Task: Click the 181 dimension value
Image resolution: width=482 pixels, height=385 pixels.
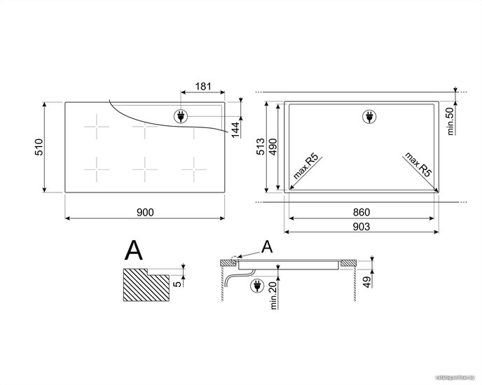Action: (203, 86)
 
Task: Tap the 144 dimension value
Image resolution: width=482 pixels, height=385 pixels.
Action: (235, 129)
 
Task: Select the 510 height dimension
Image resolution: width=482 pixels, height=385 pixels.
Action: (39, 147)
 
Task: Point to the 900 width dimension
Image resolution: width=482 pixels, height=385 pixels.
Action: (145, 212)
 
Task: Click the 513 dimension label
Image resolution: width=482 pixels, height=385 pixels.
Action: (261, 146)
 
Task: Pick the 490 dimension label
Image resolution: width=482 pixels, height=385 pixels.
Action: (273, 146)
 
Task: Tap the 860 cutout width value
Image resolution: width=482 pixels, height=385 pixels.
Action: (361, 212)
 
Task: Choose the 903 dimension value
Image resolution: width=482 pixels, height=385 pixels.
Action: (361, 227)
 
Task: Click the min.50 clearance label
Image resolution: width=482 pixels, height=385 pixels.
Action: (450, 121)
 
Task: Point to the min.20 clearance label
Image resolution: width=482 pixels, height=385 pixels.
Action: (274, 295)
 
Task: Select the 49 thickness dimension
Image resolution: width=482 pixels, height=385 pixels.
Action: (367, 282)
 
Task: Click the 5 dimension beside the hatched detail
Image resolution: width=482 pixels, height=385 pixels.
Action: (178, 283)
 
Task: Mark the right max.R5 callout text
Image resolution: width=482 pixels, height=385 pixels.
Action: (418, 164)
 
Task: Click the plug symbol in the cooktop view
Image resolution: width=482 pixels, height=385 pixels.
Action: (181, 116)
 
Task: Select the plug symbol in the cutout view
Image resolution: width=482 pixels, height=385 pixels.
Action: (369, 116)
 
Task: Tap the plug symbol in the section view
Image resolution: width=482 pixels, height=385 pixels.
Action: (257, 286)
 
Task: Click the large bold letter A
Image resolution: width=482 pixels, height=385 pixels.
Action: (134, 251)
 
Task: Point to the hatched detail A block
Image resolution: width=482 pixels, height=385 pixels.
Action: (146, 284)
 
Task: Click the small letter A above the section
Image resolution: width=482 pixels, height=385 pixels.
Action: (267, 246)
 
